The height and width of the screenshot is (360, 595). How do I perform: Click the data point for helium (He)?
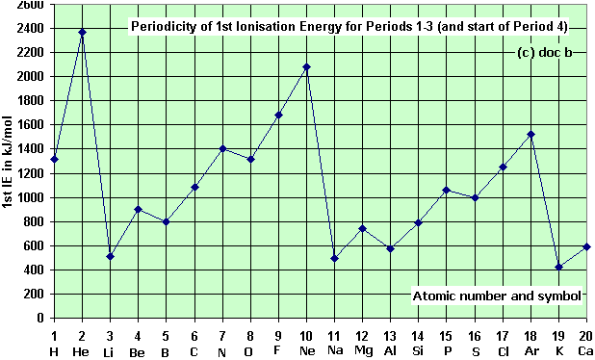coord(82,32)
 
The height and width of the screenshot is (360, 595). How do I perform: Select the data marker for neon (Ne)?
coord(306,66)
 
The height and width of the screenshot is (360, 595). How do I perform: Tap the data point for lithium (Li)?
coord(110,256)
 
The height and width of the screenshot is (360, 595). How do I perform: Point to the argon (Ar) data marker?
coord(530,134)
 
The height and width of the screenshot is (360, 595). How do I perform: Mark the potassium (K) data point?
coord(558,267)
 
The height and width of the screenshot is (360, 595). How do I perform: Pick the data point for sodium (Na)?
coord(334,258)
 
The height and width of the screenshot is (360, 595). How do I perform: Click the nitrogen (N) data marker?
coord(222,148)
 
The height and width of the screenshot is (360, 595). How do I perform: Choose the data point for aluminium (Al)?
coord(390,248)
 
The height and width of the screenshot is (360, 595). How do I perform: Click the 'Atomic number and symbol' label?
coord(498,296)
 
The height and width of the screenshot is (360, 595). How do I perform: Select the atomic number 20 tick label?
coord(585,334)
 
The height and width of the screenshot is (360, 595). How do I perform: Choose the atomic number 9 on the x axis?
coord(278,334)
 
